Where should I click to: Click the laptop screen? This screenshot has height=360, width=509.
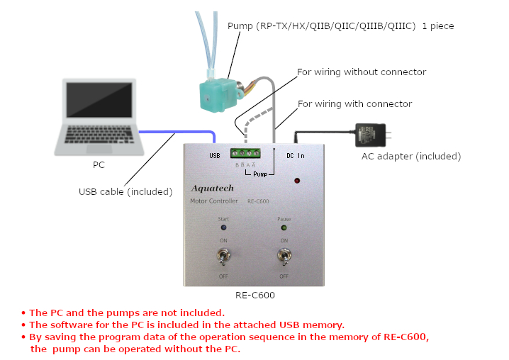pyautogui.click(x=99, y=100)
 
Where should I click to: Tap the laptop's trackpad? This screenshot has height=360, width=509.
pyautogui.click(x=99, y=149)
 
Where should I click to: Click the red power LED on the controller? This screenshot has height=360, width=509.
pyautogui.click(x=297, y=181)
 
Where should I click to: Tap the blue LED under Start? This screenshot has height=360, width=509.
pyautogui.click(x=223, y=227)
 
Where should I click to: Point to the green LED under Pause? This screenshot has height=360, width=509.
pyautogui.click(x=284, y=227)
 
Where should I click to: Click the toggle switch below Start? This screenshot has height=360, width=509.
pyautogui.click(x=223, y=257)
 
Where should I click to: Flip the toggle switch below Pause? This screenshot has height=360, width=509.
pyautogui.click(x=284, y=257)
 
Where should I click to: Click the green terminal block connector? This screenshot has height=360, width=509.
pyautogui.click(x=245, y=153)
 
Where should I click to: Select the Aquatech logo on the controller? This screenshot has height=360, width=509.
pyautogui.click(x=213, y=189)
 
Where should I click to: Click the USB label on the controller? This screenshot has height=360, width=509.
pyautogui.click(x=215, y=156)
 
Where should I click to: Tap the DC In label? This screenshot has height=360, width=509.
pyautogui.click(x=296, y=156)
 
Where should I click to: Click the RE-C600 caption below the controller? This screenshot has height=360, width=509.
pyautogui.click(x=255, y=295)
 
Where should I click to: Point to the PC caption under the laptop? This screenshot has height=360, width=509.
pyautogui.click(x=99, y=165)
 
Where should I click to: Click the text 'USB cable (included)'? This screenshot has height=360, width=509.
pyautogui.click(x=125, y=192)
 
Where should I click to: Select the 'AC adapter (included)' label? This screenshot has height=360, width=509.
pyautogui.click(x=411, y=157)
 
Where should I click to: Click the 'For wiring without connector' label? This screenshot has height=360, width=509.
pyautogui.click(x=362, y=72)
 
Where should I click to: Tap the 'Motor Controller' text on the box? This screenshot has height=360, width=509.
pyautogui.click(x=214, y=201)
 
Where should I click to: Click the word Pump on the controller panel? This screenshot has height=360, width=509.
pyautogui.click(x=260, y=174)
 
